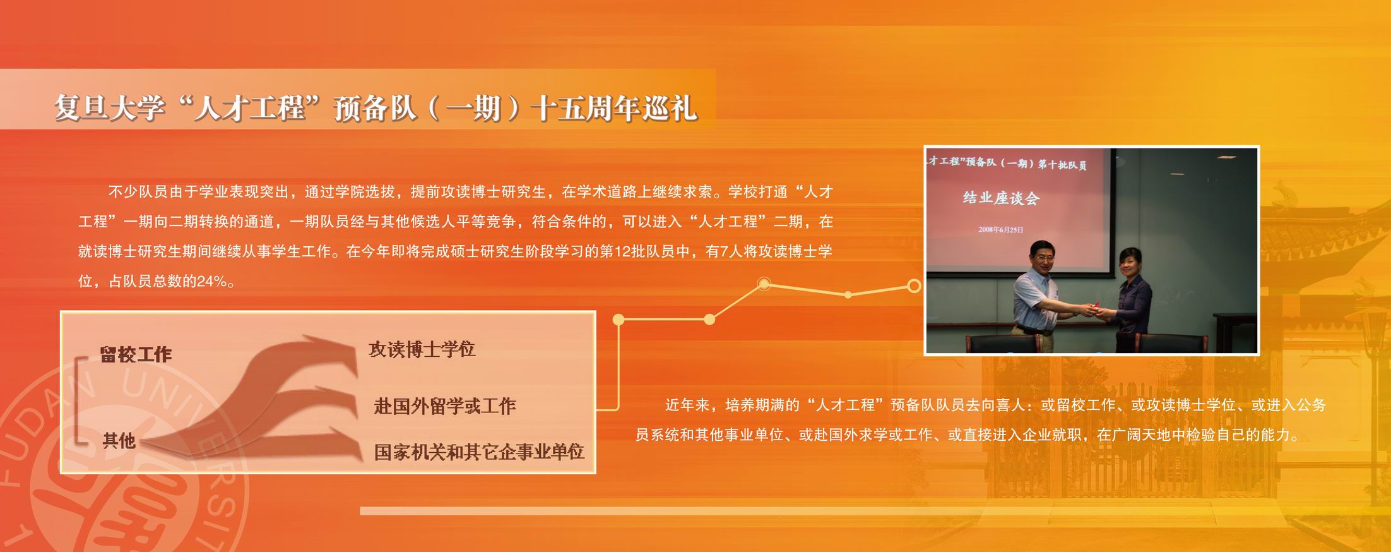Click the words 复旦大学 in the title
(x=109, y=108)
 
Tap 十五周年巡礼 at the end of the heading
(x=613, y=108)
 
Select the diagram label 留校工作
(x=136, y=354)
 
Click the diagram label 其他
(x=119, y=440)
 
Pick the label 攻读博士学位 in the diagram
(x=422, y=349)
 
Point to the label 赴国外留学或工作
(x=445, y=405)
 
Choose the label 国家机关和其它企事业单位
(x=479, y=452)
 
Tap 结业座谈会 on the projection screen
(x=1001, y=198)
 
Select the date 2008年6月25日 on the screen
(x=1001, y=229)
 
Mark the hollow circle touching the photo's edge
(x=913, y=286)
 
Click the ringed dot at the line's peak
(x=764, y=284)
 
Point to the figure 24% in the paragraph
(x=211, y=282)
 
